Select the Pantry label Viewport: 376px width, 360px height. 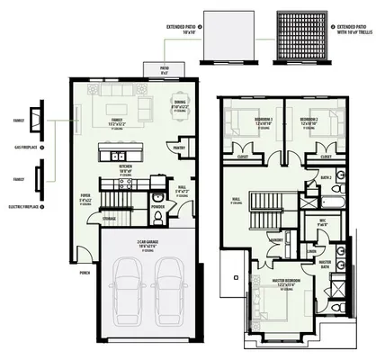(179, 148)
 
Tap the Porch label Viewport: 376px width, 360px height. (85, 271)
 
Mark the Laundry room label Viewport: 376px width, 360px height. (278, 239)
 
